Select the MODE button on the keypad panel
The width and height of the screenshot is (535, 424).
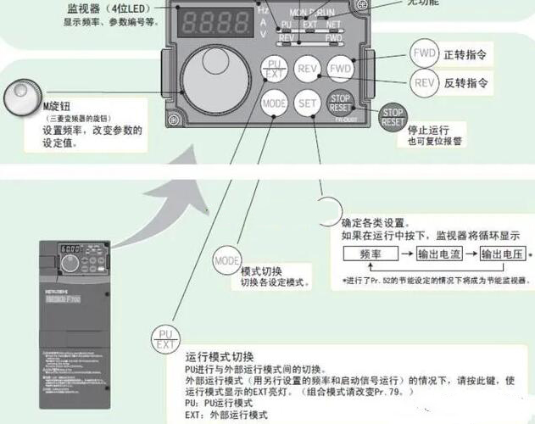click(x=274, y=104)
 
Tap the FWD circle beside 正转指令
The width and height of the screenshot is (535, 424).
click(x=424, y=53)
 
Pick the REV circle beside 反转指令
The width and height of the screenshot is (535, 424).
click(x=424, y=82)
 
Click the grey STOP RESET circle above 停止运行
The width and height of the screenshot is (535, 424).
click(x=393, y=117)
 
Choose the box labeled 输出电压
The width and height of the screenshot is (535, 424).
click(x=503, y=254)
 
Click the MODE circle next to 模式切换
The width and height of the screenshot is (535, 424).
click(x=226, y=259)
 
